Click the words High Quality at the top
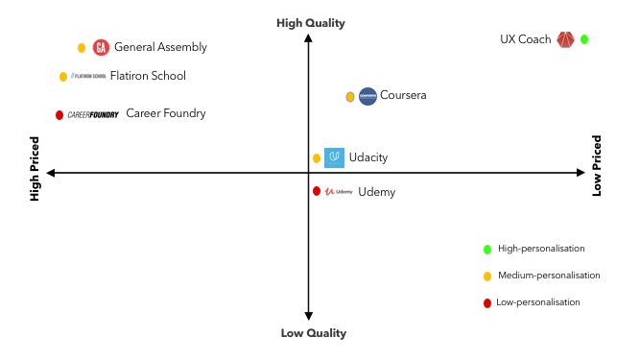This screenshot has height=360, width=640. click(310, 23)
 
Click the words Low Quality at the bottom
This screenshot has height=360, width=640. click(313, 333)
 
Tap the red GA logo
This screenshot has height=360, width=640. click(101, 47)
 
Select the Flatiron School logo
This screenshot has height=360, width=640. click(88, 76)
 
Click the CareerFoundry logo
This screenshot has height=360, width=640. click(93, 115)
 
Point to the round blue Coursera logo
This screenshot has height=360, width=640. click(367, 96)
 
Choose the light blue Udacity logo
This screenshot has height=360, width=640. click(334, 157)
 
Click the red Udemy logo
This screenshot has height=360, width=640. click(339, 191)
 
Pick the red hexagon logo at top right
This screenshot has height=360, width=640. click(565, 39)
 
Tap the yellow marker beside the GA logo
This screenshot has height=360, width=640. click(82, 48)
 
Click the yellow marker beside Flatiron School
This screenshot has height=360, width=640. click(63, 77)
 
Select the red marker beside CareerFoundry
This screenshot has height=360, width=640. click(59, 115)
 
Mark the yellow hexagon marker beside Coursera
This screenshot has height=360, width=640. click(350, 97)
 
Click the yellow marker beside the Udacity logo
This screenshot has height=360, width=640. click(317, 158)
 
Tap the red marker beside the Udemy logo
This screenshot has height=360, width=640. click(317, 191)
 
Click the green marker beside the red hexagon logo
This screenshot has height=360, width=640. click(584, 39)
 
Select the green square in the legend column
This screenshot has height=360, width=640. click(487, 250)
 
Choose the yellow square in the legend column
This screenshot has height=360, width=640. click(487, 276)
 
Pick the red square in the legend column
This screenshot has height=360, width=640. click(487, 303)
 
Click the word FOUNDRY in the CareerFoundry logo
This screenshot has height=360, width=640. click(105, 115)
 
